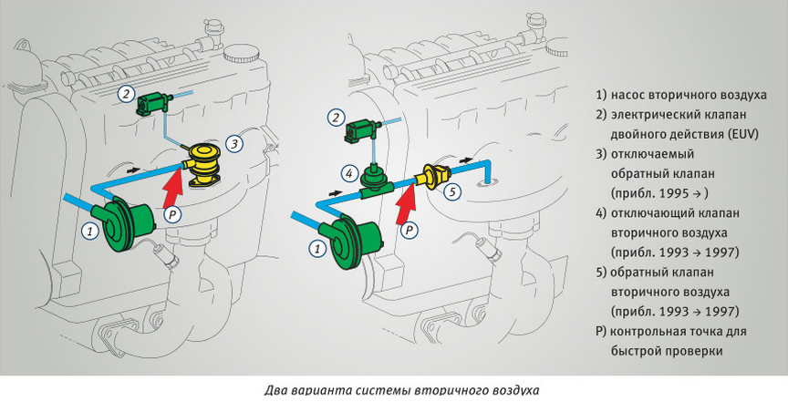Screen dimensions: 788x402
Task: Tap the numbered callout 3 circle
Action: coord(234,144)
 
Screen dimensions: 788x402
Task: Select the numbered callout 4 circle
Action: coord(349,173)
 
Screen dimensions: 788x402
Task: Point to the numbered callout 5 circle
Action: coord(452,191)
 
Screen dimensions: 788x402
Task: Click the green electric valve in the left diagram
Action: coord(153,102)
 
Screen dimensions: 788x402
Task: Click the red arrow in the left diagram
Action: coord(174,189)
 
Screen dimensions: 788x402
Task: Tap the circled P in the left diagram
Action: coord(171,215)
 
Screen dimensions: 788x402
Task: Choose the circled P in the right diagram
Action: coord(410,231)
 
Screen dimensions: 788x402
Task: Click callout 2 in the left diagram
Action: coord(127,94)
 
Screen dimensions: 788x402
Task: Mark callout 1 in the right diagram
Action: coord(316,248)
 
